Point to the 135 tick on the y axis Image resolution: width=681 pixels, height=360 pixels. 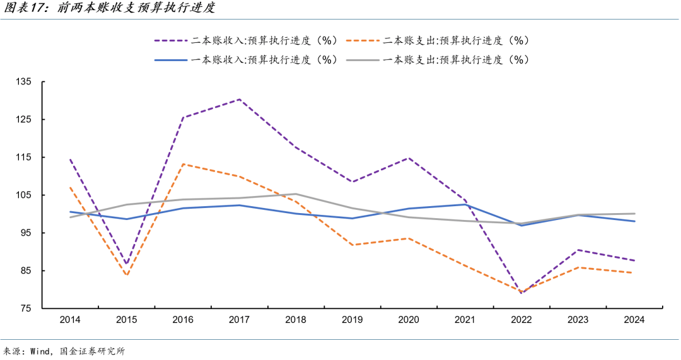[x=25, y=82]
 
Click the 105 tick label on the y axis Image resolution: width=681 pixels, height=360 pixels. [x=25, y=195]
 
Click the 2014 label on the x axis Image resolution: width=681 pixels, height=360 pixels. [x=70, y=320]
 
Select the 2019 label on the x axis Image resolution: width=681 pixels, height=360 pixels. [x=352, y=320]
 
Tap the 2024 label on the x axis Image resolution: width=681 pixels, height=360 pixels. [x=634, y=320]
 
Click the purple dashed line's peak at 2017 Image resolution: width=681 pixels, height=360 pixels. [x=240, y=99]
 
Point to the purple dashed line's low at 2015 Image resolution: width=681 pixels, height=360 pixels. [x=127, y=264]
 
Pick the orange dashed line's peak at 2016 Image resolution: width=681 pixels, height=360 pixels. [x=183, y=164]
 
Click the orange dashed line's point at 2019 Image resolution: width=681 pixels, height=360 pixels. [x=352, y=245]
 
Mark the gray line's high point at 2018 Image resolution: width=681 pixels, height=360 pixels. [x=296, y=194]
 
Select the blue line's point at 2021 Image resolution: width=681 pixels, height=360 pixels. [x=465, y=204]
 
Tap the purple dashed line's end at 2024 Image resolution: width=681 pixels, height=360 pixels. [x=634, y=260]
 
